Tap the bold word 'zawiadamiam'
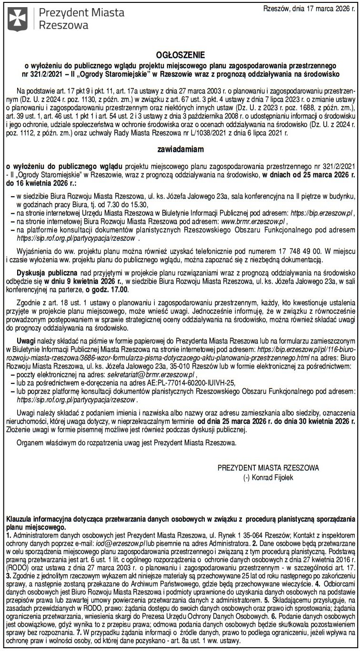click(x=180, y=149)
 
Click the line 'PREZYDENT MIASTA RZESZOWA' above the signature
click(x=268, y=468)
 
